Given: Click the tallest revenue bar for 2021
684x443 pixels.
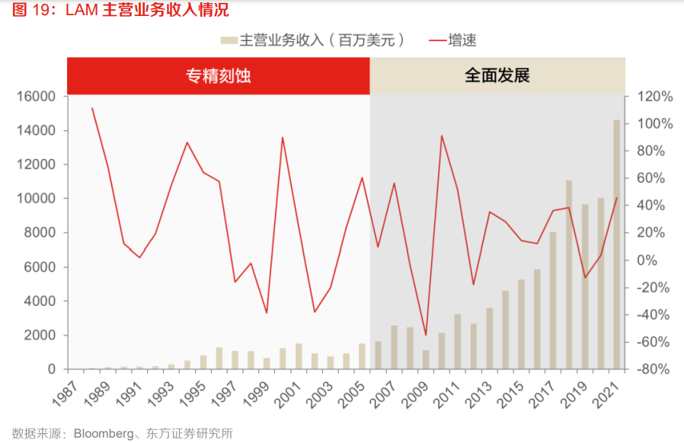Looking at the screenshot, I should (x=616, y=244).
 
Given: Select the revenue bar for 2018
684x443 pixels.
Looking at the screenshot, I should (x=569, y=275).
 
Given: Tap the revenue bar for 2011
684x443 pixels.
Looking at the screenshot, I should (x=458, y=341).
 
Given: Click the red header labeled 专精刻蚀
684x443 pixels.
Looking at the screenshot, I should (x=219, y=76).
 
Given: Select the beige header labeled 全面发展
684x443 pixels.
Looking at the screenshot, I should (x=497, y=76).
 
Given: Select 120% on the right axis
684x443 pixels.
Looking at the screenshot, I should (x=654, y=97).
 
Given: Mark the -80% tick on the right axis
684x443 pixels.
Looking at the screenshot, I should (x=654, y=369).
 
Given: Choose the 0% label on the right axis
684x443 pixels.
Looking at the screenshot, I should (x=660, y=260).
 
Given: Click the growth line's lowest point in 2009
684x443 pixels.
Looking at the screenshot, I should (x=426, y=335).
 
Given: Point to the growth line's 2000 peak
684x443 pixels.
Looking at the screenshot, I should (x=283, y=137).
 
